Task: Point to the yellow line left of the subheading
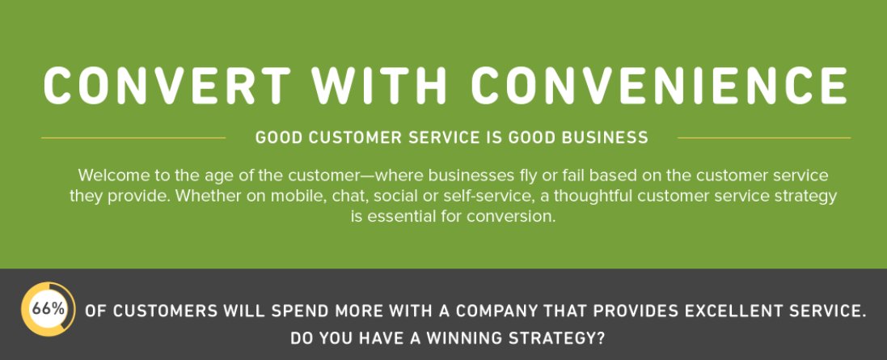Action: [133, 138]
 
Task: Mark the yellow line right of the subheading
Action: [763, 138]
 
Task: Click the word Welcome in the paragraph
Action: [111, 176]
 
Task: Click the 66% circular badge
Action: [49, 309]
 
